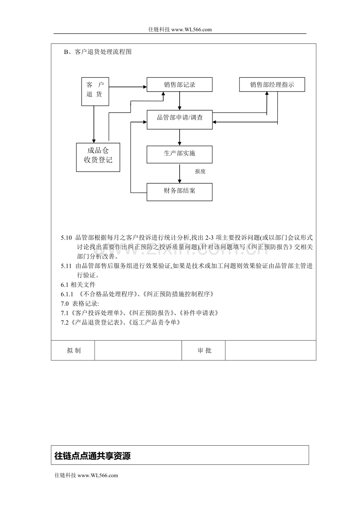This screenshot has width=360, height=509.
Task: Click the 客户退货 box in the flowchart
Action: coord(95,91)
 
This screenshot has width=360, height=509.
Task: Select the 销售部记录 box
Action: coord(179,84)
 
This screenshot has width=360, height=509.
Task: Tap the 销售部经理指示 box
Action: coord(272,84)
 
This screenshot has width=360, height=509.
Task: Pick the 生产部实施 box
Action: coord(179,154)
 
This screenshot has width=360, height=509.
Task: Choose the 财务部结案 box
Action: coord(179,192)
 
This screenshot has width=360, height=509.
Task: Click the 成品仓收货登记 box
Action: coord(98,157)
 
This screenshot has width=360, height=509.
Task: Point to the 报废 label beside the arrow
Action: coord(200,172)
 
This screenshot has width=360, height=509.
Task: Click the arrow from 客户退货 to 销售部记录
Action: coord(128,86)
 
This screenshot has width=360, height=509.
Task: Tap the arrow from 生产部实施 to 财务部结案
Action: coord(180,173)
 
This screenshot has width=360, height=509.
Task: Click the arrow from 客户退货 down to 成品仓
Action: coord(94,124)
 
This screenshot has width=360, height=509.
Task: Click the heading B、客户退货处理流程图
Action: coord(98,52)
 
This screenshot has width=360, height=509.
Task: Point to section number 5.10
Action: coord(67,238)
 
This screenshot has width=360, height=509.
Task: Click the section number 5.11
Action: coord(67,266)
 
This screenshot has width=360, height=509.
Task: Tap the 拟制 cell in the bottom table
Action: coord(73,351)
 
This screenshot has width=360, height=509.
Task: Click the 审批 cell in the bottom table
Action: coord(204,351)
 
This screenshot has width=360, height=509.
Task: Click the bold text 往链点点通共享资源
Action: coord(92,456)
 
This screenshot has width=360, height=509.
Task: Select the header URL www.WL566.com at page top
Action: coord(191,29)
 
